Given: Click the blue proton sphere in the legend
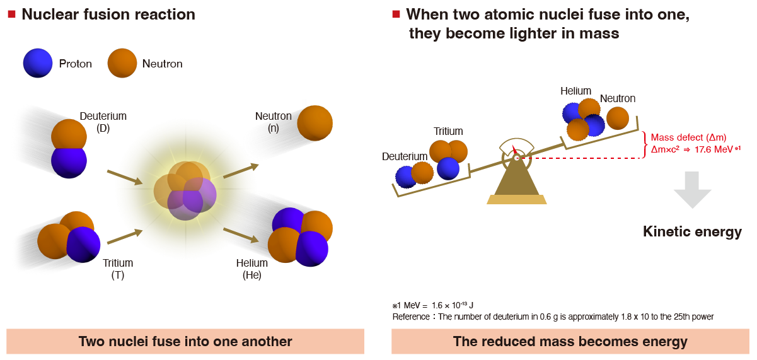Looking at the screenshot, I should pyautogui.click(x=38, y=64).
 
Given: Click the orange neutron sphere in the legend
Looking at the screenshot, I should pyautogui.click(x=122, y=64).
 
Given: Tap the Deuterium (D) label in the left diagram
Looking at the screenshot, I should pyautogui.click(x=103, y=122).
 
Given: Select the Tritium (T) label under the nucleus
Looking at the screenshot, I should pyautogui.click(x=118, y=269).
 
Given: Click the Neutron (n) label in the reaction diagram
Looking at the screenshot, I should pyautogui.click(x=273, y=122).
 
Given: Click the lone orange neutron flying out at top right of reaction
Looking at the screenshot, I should pyautogui.click(x=315, y=123).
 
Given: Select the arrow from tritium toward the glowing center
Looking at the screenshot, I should pyautogui.click(x=125, y=236).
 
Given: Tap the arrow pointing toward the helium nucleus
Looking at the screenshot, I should pyautogui.click(x=241, y=234).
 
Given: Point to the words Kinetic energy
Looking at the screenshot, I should pyautogui.click(x=692, y=232).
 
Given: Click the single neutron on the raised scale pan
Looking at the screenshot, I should pyautogui.click(x=618, y=118).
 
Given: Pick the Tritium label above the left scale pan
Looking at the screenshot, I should pyautogui.click(x=448, y=131).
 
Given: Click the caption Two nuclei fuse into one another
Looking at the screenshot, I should pyautogui.click(x=185, y=342).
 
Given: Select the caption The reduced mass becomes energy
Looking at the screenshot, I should pyautogui.click(x=570, y=342).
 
